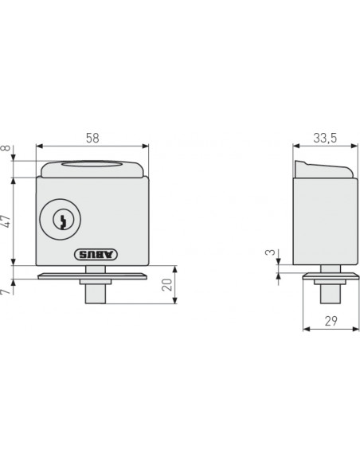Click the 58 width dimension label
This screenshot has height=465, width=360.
point(92,138)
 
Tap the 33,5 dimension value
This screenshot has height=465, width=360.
point(325,138)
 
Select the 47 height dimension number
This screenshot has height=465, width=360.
point(6,221)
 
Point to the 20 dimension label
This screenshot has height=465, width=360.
point(167,285)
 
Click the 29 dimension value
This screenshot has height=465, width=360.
point(331,321)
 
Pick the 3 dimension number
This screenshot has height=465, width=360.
point(270,252)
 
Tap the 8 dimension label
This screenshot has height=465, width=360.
point(6,148)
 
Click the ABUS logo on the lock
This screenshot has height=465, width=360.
point(96,254)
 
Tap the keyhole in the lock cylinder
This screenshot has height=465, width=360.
point(63,221)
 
